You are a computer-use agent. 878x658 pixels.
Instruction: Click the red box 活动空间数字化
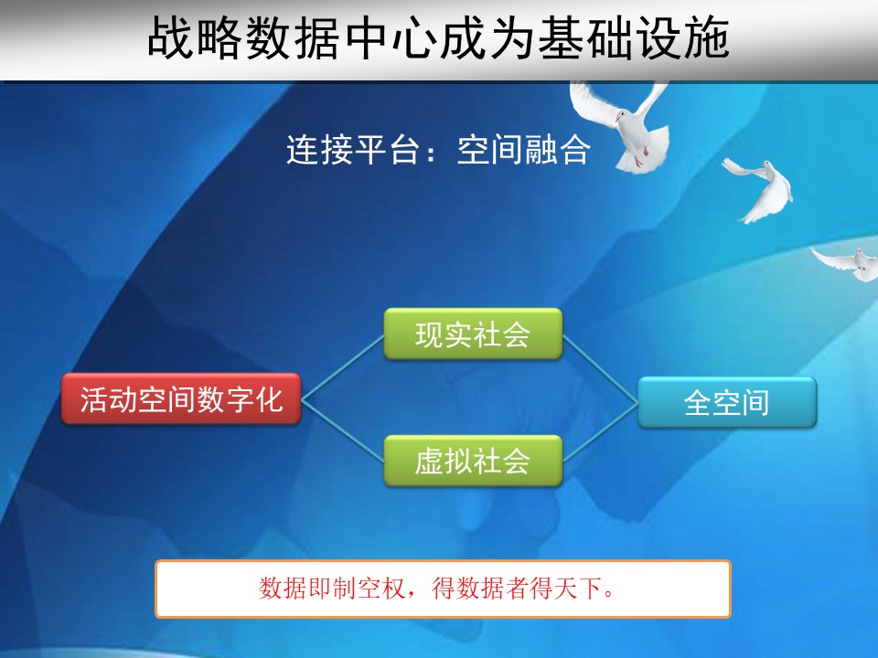point(181,398)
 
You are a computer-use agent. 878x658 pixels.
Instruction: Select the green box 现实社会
point(473,334)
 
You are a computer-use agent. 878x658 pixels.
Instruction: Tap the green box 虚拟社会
point(473,461)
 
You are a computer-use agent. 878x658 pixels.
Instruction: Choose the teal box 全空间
point(727,402)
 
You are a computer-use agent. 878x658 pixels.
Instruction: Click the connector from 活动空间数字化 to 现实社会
point(343,366)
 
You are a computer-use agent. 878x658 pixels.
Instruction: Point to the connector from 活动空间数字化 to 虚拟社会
point(343,430)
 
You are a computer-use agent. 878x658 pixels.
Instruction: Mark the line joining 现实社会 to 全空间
point(600,368)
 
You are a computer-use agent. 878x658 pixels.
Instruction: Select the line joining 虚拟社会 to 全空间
point(600,431)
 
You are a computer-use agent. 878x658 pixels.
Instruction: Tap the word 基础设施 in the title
point(633,37)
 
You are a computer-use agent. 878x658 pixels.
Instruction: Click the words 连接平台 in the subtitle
point(353,149)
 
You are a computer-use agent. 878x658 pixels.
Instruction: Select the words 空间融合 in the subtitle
point(523,149)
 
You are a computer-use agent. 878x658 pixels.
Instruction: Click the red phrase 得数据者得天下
point(516,588)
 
